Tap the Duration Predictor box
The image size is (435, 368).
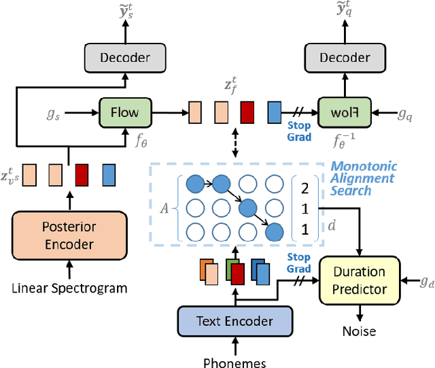click(x=359, y=280)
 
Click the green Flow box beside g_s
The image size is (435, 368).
click(x=124, y=110)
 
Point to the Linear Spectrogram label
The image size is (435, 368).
click(x=69, y=288)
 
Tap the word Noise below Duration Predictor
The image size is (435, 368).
click(x=359, y=331)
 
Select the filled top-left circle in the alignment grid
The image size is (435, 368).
click(x=194, y=183)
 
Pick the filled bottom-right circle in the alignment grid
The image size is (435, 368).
click(x=274, y=231)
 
